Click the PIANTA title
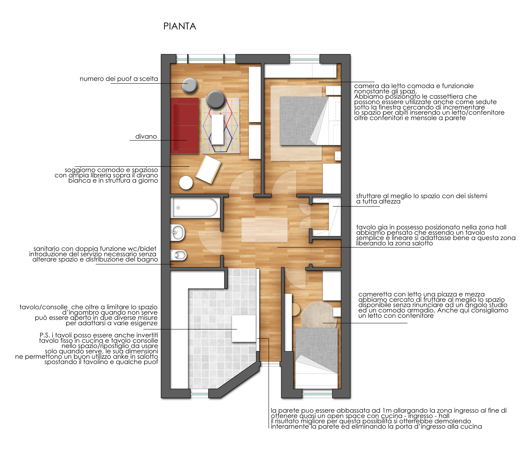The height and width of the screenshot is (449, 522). pyautogui.click(x=180, y=26)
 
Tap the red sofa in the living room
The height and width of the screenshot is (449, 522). pyautogui.click(x=184, y=125)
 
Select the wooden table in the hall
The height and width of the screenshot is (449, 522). pyautogui.click(x=265, y=229)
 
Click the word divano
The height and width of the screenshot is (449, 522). pyautogui.click(x=146, y=137)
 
